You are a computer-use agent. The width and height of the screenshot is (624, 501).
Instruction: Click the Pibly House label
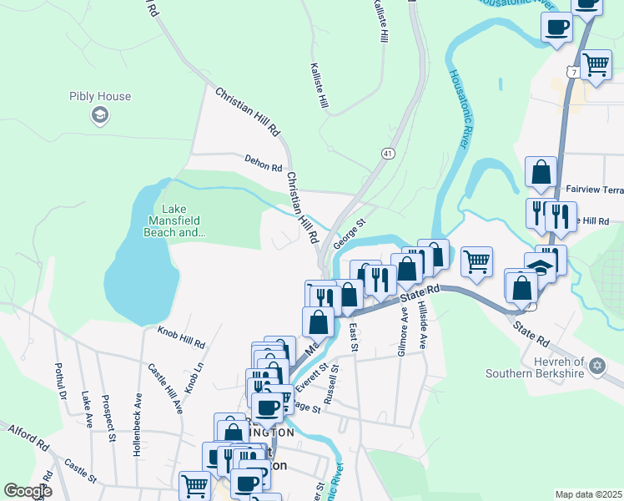click(100, 96)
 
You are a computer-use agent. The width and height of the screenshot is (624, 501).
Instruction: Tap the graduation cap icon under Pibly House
click(100, 115)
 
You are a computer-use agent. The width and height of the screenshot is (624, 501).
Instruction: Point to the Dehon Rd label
click(264, 162)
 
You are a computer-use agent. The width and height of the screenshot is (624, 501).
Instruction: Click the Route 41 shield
click(389, 154)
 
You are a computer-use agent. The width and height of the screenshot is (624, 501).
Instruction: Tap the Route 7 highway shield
click(573, 73)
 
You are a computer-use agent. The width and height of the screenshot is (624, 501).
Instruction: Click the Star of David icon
click(596, 366)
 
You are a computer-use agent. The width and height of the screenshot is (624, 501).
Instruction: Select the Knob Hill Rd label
click(181, 337)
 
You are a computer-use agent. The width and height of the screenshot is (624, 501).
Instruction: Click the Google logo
click(28, 491)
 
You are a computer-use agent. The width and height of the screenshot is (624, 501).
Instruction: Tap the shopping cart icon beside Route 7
click(596, 64)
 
